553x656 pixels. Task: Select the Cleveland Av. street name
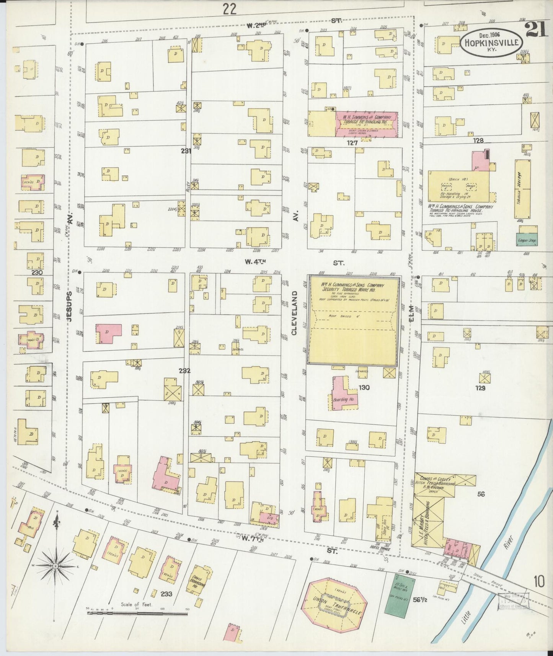point(294,312)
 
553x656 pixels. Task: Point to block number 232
point(184,370)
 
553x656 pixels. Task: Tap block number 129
point(480,388)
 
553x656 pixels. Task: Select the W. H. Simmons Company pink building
point(366,123)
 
